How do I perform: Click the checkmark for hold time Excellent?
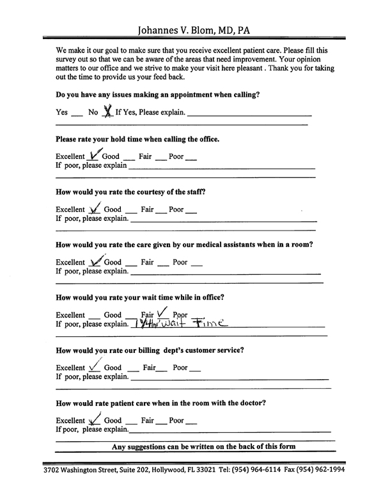(95, 154)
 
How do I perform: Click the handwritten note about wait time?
(180, 324)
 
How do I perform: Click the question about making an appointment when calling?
(158, 94)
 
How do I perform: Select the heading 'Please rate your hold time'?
(137, 139)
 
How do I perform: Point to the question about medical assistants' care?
(184, 245)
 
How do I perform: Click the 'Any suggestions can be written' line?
(203, 447)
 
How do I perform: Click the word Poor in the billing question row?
(180, 368)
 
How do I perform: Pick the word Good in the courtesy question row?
(113, 209)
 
